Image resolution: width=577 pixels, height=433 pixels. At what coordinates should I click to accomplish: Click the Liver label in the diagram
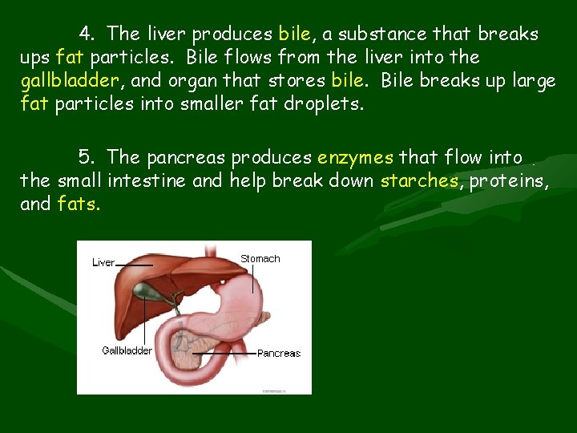(103, 262)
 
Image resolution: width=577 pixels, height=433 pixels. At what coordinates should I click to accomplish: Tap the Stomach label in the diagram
(260, 259)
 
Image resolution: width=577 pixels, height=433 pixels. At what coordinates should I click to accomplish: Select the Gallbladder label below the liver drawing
(127, 350)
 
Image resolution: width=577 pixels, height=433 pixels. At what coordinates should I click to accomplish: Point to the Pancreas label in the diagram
(279, 353)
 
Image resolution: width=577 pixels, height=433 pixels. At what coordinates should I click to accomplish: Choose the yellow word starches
(419, 180)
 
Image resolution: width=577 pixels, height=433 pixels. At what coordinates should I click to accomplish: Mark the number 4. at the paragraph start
(87, 34)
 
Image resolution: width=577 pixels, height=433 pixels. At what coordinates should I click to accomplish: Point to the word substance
(369, 34)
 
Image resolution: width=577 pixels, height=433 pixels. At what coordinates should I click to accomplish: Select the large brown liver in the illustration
(168, 281)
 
